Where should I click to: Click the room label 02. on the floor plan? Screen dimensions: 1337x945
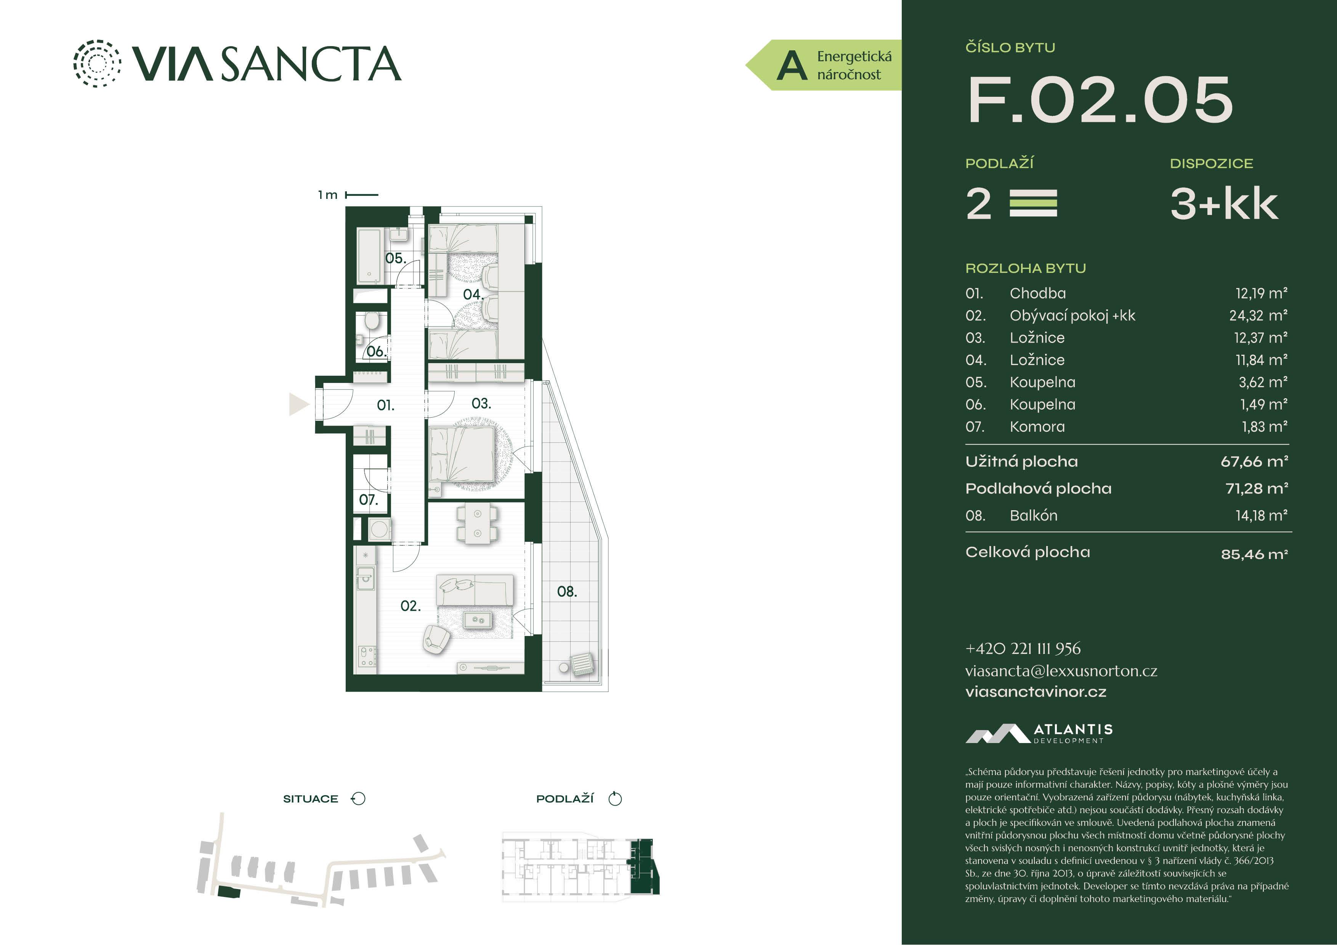410,606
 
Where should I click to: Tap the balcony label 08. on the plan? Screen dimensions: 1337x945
567,591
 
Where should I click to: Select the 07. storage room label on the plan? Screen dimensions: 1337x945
368,500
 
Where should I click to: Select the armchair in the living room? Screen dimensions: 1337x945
436,639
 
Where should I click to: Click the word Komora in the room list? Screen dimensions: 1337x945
1037,427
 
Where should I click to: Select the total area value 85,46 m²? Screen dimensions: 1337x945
1254,554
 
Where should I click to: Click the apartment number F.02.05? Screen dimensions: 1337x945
1100,100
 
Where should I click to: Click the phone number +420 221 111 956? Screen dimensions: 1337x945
1023,649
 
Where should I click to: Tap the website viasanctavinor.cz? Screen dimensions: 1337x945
1036,692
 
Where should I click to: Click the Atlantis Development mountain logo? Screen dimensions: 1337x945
997,734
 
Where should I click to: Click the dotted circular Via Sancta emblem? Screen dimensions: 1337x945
97,64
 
